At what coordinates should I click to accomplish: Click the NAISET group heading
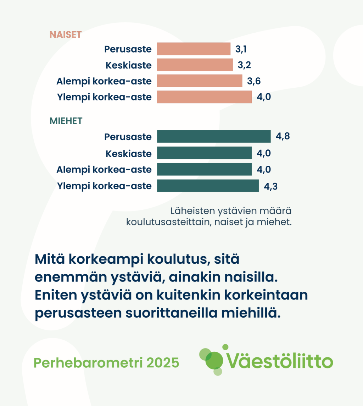tap(66, 35)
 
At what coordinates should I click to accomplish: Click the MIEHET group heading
tap(66, 121)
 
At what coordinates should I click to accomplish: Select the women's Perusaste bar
tap(194, 49)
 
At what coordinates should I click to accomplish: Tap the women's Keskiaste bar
tap(195, 65)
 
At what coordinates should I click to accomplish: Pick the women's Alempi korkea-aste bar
tap(200, 81)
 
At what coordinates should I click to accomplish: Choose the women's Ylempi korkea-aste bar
tap(204, 97)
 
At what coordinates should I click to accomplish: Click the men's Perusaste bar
tap(213, 137)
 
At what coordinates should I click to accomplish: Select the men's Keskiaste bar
tap(204, 153)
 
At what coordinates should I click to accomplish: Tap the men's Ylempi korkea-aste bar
tap(208, 186)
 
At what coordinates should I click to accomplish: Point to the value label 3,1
tap(241, 49)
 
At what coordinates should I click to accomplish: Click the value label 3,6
tap(254, 81)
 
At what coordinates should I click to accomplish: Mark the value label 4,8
tap(283, 136)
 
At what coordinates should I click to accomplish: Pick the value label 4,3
tap(270, 186)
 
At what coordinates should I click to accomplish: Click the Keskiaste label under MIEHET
tap(129, 154)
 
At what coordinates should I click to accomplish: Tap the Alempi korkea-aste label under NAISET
tap(104, 81)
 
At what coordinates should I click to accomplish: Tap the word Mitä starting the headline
tap(49, 259)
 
